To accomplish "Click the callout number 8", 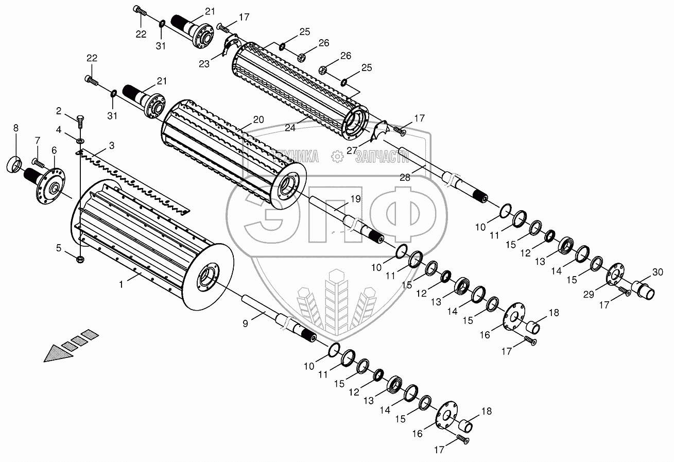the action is [x=15, y=127].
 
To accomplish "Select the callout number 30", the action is [x=658, y=272].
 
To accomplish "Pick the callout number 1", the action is [x=122, y=284].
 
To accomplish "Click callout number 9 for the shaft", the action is [x=246, y=323].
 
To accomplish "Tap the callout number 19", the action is [x=356, y=199].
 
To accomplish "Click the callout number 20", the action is [x=258, y=119].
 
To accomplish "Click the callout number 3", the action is [x=112, y=146].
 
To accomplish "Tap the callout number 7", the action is [x=37, y=140].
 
